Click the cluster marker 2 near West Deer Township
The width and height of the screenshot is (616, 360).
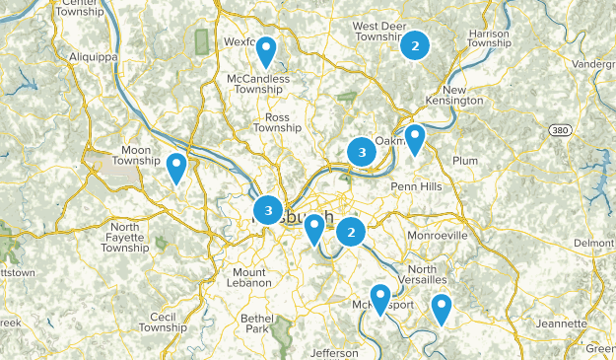point(415,44)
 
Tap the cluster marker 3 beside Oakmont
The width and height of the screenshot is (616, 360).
point(362,152)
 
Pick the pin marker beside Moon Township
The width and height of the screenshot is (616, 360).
point(176,168)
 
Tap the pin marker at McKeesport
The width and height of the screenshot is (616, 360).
point(379,299)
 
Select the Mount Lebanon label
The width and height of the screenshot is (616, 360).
point(250,277)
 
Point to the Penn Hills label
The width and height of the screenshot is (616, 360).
point(418,185)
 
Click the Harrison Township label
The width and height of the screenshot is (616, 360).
point(489,37)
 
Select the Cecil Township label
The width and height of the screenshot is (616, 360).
point(162,323)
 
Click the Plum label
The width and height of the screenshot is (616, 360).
point(463,160)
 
